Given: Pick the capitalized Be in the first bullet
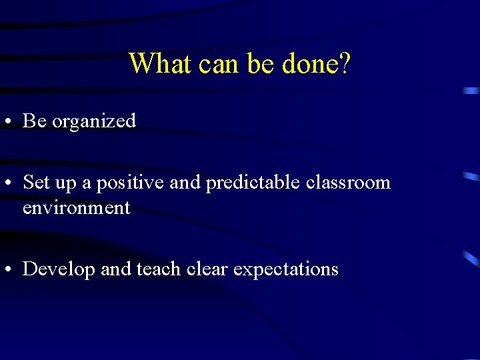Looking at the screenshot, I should click(35, 121).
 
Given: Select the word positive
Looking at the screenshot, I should click(132, 183).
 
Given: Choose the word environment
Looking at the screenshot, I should click(77, 208).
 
